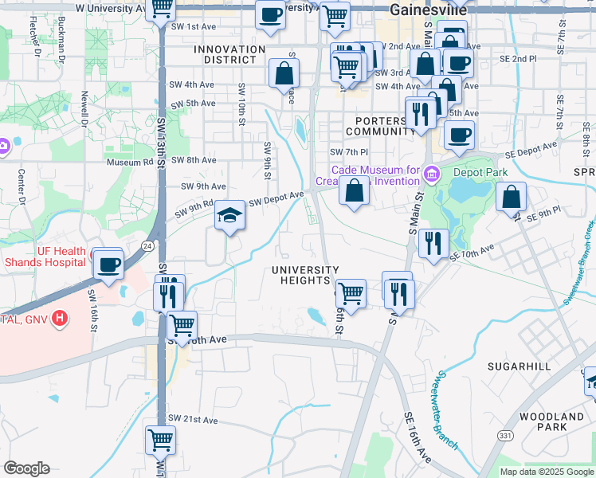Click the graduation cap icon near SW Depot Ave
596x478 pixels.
point(229,216)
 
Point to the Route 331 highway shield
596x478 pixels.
point(506,435)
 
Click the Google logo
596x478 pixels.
point(26,468)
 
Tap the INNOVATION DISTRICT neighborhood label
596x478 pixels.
point(229,55)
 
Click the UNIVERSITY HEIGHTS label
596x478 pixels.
point(305,275)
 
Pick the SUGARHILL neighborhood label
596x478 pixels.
point(521,366)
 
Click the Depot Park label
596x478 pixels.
point(480,171)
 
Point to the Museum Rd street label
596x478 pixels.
point(129,162)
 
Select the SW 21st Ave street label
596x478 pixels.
point(193,420)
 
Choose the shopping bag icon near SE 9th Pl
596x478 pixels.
point(511,196)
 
